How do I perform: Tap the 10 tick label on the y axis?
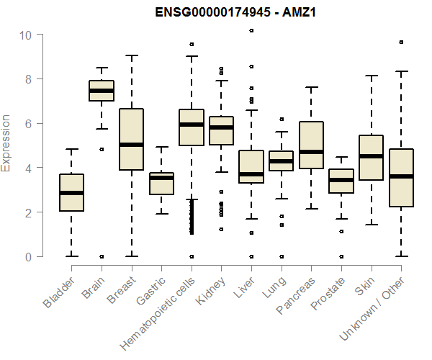(27, 35)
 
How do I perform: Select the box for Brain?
(102, 91)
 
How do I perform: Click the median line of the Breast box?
(132, 145)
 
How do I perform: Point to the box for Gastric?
(162, 184)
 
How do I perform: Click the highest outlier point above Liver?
(251, 31)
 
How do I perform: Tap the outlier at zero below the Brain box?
(102, 256)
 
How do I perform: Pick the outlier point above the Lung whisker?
(282, 119)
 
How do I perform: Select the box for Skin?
(371, 158)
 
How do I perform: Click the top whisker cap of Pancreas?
(311, 87)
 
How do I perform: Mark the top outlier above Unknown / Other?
(401, 42)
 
